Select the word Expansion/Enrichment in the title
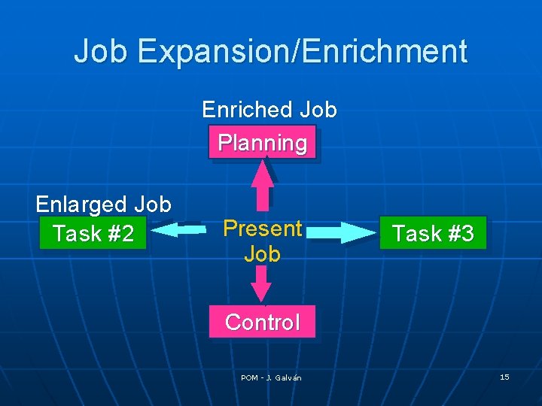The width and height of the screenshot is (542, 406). (x=303, y=51)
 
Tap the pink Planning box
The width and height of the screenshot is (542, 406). (x=262, y=143)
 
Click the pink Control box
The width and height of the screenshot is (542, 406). (x=262, y=323)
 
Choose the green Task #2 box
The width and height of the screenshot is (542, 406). (x=93, y=234)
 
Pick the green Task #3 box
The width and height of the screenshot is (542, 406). (x=433, y=234)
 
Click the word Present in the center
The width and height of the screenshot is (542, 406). (x=263, y=228)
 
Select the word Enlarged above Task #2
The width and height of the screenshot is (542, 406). (x=82, y=205)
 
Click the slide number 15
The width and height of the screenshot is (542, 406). (x=504, y=377)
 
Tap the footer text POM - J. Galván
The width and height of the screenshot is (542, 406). (x=271, y=377)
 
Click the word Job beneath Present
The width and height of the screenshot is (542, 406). (x=262, y=254)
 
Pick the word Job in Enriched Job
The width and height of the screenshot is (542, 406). (x=318, y=110)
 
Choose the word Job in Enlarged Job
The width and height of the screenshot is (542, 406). (x=153, y=205)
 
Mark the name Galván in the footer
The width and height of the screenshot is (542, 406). (x=288, y=377)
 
